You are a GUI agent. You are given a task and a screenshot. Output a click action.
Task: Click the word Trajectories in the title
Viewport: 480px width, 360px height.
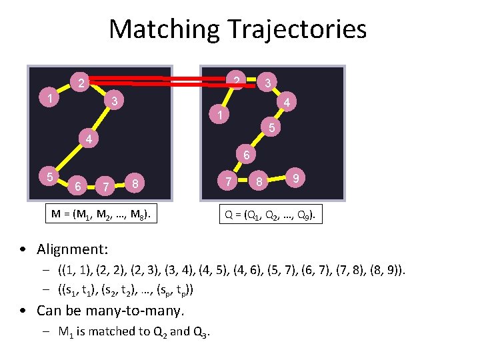point(297,29)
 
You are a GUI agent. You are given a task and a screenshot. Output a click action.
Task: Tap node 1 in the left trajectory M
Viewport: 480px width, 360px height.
point(51,99)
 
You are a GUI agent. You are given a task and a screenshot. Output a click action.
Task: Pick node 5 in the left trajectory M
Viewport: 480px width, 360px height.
point(49,177)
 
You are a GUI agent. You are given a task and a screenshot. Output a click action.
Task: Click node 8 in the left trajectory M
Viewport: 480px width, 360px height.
point(135,183)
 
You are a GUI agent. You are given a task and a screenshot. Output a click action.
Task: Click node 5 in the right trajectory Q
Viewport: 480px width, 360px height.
point(271,127)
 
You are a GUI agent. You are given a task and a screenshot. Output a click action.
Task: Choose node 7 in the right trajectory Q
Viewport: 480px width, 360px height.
point(229,181)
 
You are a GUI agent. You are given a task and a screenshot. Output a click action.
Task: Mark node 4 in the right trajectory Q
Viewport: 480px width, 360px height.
point(286,103)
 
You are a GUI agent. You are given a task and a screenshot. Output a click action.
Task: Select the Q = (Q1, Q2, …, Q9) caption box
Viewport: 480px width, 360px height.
point(273,215)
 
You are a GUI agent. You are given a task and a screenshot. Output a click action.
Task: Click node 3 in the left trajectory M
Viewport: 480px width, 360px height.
point(115,101)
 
